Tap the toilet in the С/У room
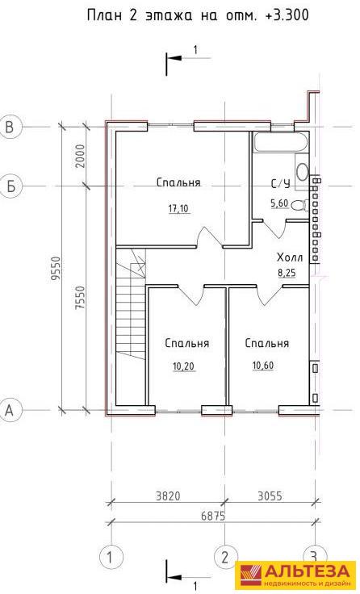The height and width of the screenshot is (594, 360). click(x=299, y=205)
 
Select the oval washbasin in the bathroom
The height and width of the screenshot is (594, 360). click(x=303, y=172)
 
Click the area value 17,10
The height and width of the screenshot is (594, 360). click(x=178, y=208)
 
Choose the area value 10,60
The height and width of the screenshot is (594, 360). click(x=263, y=366)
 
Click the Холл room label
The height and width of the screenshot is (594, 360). click(x=290, y=258)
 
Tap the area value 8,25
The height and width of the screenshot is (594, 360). click(x=287, y=273)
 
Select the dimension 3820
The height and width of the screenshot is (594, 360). click(x=167, y=496)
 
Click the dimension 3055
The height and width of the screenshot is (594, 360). click(x=270, y=496)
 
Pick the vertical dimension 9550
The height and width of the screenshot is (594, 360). click(x=57, y=268)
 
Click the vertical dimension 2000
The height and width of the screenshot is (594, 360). click(x=79, y=156)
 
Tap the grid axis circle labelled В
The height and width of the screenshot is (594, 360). click(x=10, y=126)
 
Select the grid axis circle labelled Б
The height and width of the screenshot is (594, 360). click(x=10, y=186)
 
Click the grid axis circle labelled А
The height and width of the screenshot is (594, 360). click(x=10, y=410)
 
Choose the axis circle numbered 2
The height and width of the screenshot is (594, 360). click(x=225, y=558)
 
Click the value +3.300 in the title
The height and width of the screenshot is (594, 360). click(x=287, y=15)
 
